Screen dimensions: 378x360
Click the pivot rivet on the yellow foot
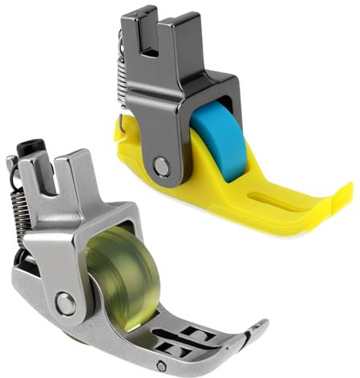[x=164, y=165]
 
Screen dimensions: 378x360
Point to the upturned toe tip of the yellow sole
[x=345, y=191]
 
